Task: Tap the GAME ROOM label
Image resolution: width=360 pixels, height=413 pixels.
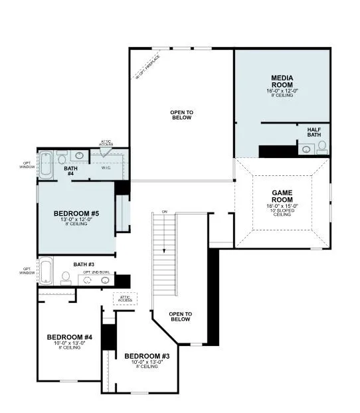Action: pyautogui.click(x=282, y=196)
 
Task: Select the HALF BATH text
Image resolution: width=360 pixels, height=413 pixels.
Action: pyautogui.click(x=314, y=131)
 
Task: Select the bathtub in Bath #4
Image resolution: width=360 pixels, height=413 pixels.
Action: pyautogui.click(x=46, y=166)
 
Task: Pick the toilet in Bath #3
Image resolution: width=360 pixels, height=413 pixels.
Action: pyautogui.click(x=66, y=277)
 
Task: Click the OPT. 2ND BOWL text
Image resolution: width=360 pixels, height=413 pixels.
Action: pyautogui.click(x=96, y=272)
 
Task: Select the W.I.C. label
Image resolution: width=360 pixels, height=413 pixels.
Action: pyautogui.click(x=106, y=167)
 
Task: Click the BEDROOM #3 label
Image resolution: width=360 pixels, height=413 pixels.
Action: pyautogui.click(x=146, y=357)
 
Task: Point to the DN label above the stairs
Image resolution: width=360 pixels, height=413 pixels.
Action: pyautogui.click(x=163, y=212)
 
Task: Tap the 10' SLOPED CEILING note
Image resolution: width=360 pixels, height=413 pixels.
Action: pyautogui.click(x=282, y=210)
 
